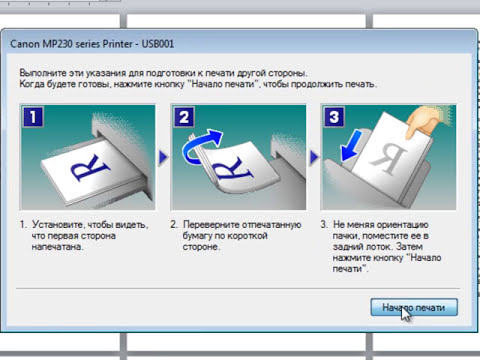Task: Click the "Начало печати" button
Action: click(x=414, y=307)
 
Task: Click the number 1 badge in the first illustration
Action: click(x=33, y=117)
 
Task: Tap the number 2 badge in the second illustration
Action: click(x=184, y=117)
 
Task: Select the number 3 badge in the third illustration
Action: click(x=334, y=117)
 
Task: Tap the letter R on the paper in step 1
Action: click(x=90, y=168)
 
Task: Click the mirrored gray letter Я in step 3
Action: click(x=389, y=160)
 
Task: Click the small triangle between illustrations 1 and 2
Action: click(x=163, y=157)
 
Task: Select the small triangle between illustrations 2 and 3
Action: click(x=314, y=157)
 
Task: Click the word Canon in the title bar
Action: click(x=25, y=44)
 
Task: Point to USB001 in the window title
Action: click(x=158, y=44)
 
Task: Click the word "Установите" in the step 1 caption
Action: click(x=58, y=225)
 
